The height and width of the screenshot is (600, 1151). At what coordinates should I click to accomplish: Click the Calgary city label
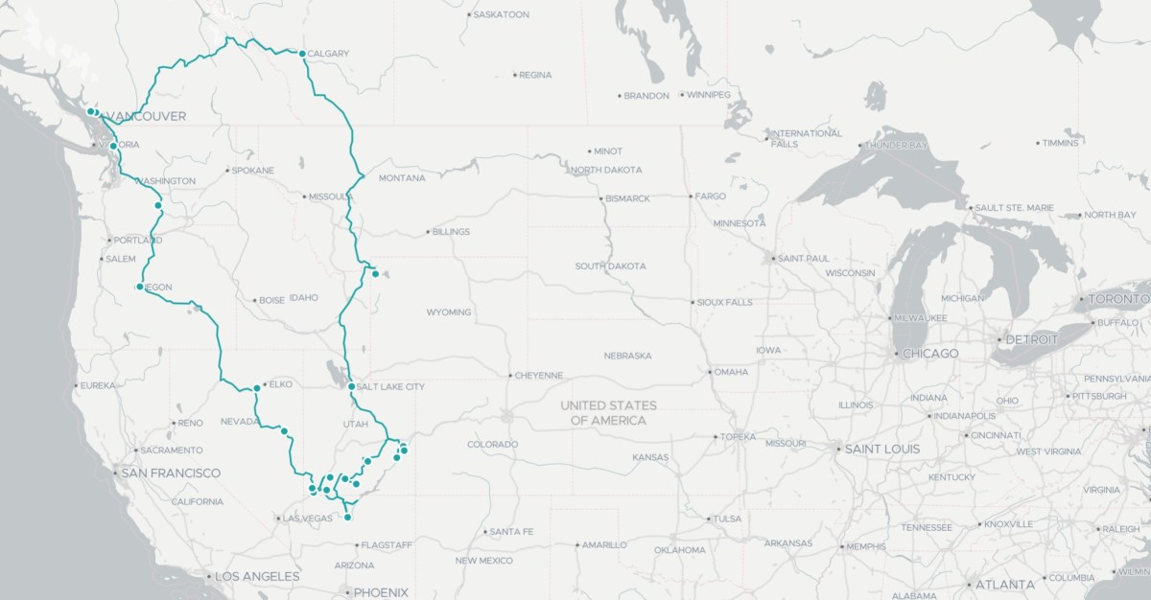(328, 54)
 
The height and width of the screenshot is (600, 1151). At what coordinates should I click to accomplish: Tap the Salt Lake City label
(389, 386)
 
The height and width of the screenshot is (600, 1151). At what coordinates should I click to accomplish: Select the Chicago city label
(929, 354)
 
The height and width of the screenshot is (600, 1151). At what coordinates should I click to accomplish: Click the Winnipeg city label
(708, 95)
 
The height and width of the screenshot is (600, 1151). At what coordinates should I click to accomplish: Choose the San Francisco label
(170, 473)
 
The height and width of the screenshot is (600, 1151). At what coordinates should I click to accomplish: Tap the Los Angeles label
(257, 576)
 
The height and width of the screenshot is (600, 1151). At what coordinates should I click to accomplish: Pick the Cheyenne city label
(540, 375)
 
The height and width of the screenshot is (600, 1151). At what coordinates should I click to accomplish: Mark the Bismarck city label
(628, 198)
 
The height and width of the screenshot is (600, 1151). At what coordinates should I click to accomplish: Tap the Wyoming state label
(449, 312)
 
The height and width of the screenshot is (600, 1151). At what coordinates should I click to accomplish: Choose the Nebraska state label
(627, 355)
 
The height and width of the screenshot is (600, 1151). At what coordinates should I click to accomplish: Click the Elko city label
(280, 384)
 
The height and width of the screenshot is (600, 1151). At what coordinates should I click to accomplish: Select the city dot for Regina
(515, 75)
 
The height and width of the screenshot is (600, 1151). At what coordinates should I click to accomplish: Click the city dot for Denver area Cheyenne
(510, 375)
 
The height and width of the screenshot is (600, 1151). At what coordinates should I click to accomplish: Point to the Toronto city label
(1118, 299)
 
